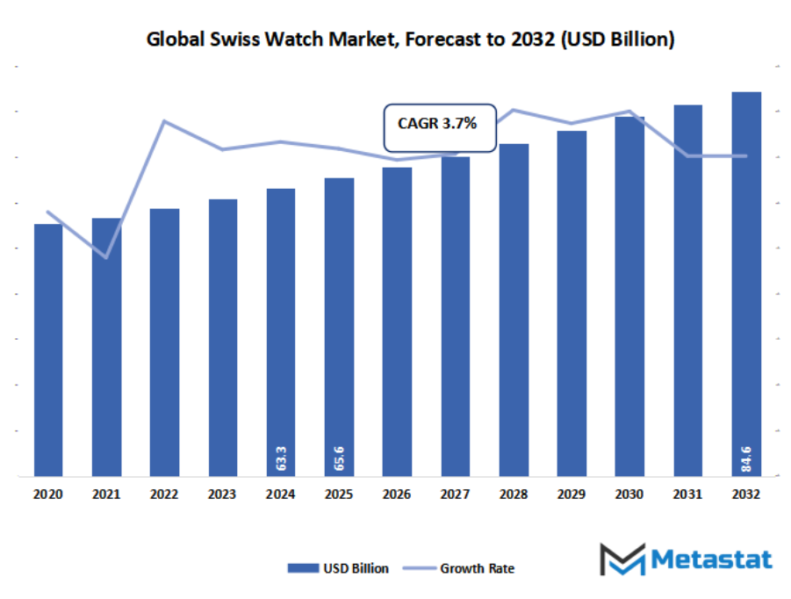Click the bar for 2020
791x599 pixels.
48,351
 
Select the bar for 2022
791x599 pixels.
164,343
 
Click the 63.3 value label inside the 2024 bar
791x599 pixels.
281,458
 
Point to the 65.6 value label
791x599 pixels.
339,458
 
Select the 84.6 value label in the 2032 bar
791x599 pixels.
746,458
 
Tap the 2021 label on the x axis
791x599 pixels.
106,495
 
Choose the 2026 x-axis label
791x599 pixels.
397,495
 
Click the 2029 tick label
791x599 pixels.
572,495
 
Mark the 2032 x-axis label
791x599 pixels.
746,495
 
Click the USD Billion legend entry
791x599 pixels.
338,568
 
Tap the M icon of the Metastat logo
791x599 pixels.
622,559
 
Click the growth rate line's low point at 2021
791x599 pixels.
106,257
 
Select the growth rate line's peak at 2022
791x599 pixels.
164,121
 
